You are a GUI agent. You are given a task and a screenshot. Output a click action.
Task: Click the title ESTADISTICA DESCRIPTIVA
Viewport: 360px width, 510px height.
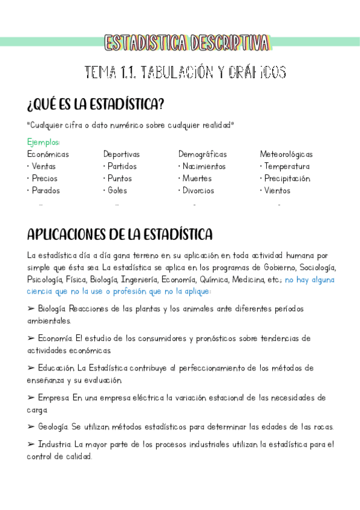click(x=187, y=43)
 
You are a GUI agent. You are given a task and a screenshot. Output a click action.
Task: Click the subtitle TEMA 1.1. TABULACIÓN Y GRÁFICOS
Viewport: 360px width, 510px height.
click(x=186, y=73)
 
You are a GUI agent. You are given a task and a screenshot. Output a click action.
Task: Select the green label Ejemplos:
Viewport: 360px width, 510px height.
click(x=44, y=143)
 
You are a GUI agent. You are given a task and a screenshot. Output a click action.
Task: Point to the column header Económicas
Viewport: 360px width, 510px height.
click(x=48, y=155)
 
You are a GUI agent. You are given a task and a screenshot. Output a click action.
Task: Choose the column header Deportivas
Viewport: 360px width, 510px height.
click(x=121, y=155)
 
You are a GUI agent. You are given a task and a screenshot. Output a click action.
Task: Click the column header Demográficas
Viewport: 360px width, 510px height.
click(x=203, y=155)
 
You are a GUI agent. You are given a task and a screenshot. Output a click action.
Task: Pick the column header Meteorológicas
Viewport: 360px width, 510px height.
click(x=286, y=155)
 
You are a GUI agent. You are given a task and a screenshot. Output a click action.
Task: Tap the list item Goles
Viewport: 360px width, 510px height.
click(x=117, y=191)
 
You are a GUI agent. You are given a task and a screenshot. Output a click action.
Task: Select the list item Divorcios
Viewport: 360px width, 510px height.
click(x=198, y=191)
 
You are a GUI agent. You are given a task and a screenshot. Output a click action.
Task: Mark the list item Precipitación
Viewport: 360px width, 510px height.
click(x=287, y=179)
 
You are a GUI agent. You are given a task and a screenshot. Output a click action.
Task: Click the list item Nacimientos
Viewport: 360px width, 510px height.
click(x=204, y=167)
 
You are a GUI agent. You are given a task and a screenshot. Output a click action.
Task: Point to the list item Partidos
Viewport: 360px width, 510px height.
click(x=122, y=167)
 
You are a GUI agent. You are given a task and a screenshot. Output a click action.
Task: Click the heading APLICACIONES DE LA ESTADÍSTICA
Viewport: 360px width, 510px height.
click(x=120, y=233)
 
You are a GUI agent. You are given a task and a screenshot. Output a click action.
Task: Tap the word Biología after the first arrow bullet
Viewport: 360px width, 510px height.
click(x=52, y=309)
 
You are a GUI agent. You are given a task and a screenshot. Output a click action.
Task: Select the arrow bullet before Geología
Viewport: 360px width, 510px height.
click(x=31, y=427)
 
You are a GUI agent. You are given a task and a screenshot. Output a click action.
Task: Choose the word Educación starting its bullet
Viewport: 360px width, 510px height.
click(x=55, y=368)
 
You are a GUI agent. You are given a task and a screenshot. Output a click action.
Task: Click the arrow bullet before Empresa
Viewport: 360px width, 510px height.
click(x=31, y=398)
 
